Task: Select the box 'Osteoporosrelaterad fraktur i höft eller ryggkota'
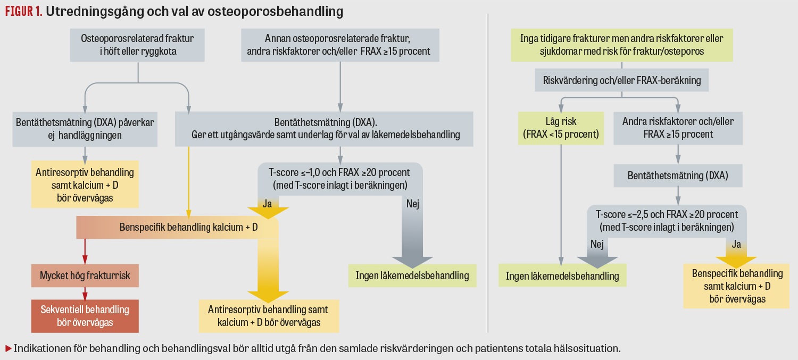coord(137,45)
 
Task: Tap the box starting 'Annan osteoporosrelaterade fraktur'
coord(340,45)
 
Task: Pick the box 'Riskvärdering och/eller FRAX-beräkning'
coord(622,81)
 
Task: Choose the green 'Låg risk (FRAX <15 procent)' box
coord(561,128)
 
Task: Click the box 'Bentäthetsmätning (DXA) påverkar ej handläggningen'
coord(85,129)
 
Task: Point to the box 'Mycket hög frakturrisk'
coord(85,276)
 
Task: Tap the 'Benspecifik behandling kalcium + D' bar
coord(178,228)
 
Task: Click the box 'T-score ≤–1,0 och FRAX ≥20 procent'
coord(340,179)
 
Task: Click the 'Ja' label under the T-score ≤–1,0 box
coord(268,204)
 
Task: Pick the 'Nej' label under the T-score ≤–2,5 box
coord(596,244)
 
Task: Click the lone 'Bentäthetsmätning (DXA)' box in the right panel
coord(677,175)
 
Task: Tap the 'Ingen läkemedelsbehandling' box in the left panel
coord(412,275)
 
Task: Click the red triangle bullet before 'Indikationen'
coord(8,349)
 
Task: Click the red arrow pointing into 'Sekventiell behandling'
coord(85,295)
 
